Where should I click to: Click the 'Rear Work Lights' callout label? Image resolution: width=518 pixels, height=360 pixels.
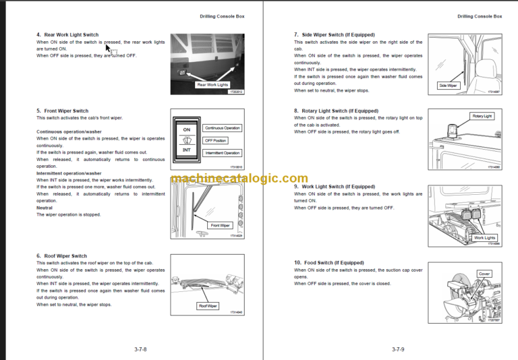212,85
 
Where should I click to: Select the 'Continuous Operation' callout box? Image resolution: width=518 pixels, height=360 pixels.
222,128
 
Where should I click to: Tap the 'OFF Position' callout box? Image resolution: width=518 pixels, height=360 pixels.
215,140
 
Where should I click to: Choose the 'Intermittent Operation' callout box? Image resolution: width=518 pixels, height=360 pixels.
222,153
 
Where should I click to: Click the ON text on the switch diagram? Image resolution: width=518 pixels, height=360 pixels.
187,129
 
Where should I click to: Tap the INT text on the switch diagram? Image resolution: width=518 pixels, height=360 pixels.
187,150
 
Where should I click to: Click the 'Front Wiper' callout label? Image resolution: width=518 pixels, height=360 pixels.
221,225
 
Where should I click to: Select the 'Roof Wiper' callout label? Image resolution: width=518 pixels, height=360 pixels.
208,305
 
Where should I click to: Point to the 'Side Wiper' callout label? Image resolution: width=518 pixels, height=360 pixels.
449,86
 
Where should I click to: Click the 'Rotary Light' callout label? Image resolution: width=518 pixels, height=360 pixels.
482,116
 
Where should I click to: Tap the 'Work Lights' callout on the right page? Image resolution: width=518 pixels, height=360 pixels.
484,238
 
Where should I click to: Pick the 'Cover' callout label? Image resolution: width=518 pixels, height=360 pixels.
484,274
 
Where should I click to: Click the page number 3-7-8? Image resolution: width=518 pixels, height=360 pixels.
140,349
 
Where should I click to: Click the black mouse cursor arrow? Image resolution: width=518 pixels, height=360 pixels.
109,49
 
